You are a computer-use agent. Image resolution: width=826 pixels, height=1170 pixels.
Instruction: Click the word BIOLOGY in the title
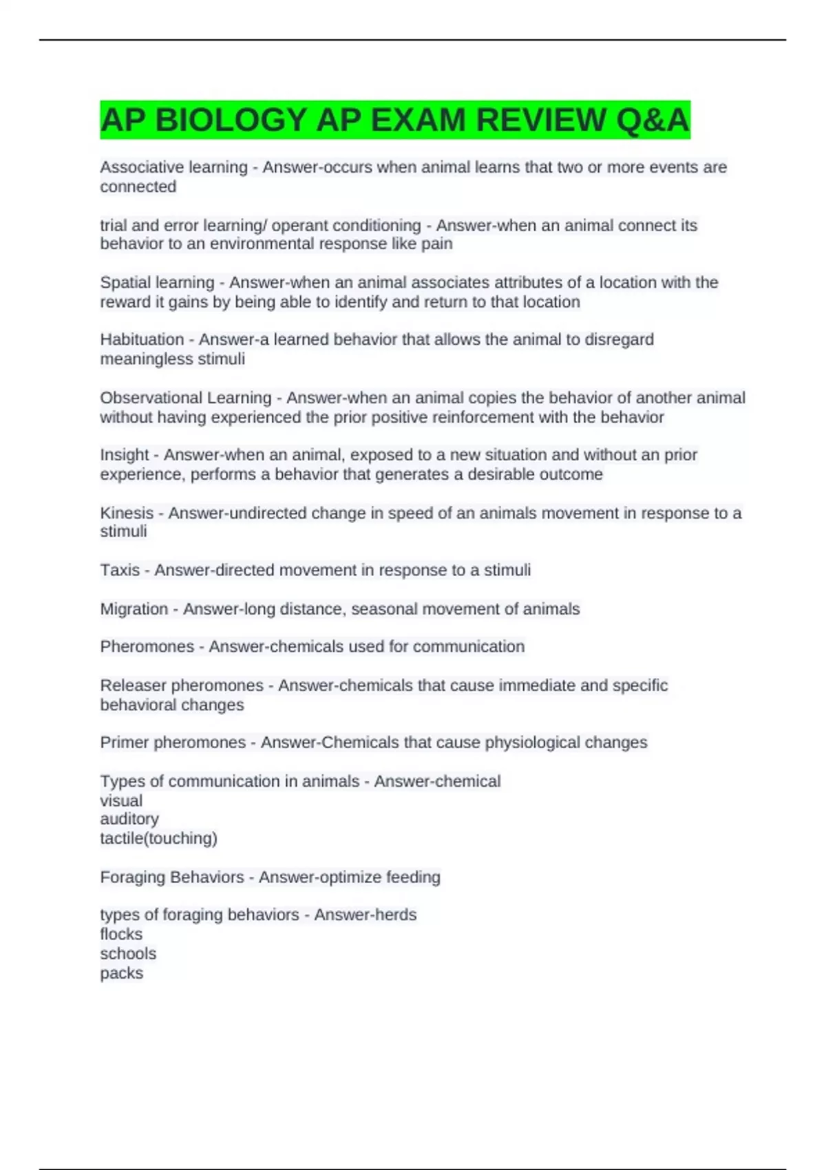click(x=231, y=120)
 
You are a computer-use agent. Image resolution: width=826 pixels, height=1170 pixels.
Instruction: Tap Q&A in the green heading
click(x=653, y=120)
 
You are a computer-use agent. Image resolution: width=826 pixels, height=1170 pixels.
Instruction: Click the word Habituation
click(x=142, y=339)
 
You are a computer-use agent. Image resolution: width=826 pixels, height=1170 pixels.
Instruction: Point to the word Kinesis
click(x=127, y=513)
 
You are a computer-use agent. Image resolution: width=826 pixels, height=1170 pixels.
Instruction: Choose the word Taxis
click(x=120, y=570)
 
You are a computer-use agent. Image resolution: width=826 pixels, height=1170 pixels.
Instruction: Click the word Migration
click(x=134, y=609)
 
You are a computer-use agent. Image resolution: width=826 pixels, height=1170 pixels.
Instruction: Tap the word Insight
click(x=124, y=455)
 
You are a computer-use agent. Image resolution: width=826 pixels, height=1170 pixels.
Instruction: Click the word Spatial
click(x=123, y=282)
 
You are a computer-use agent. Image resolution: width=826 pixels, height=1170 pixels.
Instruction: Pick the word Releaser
click(x=133, y=685)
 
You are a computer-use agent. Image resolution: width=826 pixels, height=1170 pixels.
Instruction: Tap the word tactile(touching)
click(x=158, y=838)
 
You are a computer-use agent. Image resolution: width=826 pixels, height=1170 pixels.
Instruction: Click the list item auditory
click(x=129, y=819)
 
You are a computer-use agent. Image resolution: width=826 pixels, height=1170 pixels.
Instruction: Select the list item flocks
click(x=121, y=934)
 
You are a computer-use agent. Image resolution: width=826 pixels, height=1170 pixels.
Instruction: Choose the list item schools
click(x=128, y=954)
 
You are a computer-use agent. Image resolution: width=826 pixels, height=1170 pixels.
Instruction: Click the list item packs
click(x=122, y=973)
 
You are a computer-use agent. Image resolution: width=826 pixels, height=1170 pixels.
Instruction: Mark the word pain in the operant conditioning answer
click(x=437, y=244)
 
